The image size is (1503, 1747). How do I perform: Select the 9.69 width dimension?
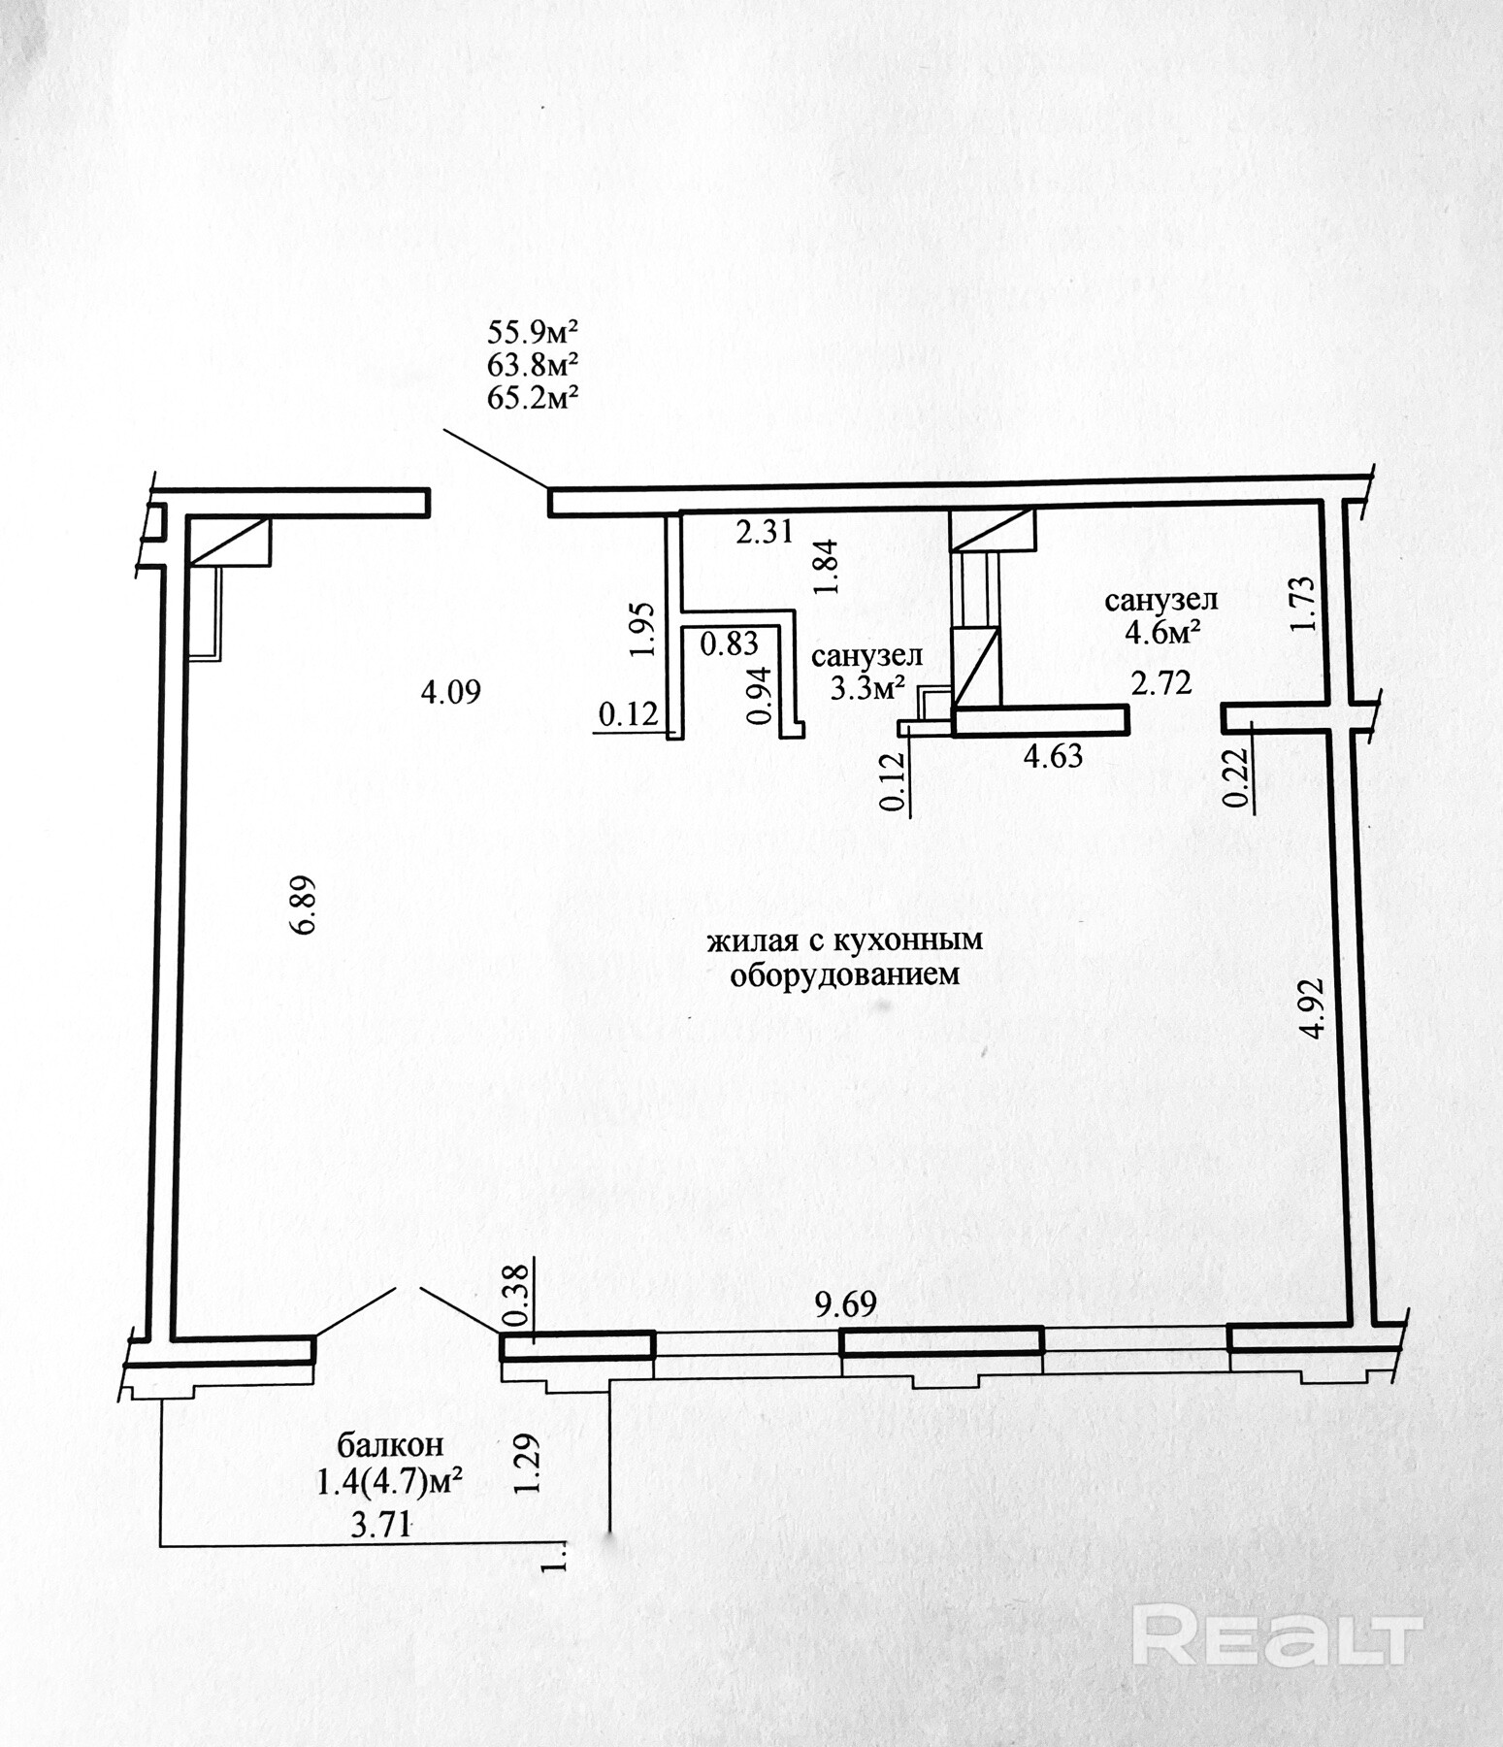[845, 1304]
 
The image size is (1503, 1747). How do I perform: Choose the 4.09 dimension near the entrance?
[450, 693]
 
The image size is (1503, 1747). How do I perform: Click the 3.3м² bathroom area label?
[867, 689]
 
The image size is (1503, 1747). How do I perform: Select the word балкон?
[391, 1444]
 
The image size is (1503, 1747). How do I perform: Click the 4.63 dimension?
[1052, 755]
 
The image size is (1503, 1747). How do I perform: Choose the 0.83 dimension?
[729, 643]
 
